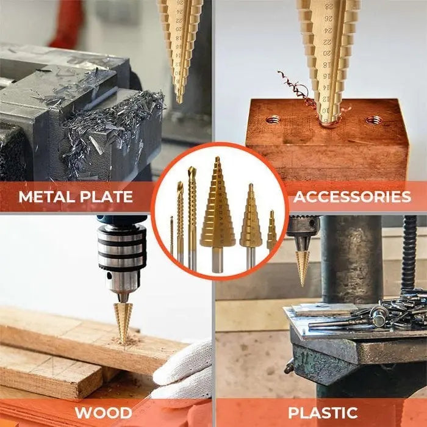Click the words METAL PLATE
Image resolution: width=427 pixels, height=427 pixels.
pos(76,197)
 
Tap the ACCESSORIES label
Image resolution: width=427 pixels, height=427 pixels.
pos(351,196)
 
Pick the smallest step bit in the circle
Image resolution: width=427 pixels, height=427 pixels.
pos(271,232)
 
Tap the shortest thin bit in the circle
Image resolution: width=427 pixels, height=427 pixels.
pos(171,235)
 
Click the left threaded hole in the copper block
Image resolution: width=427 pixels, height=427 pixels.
pos(273,120)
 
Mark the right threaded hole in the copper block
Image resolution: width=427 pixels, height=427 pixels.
pos(374,120)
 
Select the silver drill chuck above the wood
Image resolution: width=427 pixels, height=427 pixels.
pos(122,256)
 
